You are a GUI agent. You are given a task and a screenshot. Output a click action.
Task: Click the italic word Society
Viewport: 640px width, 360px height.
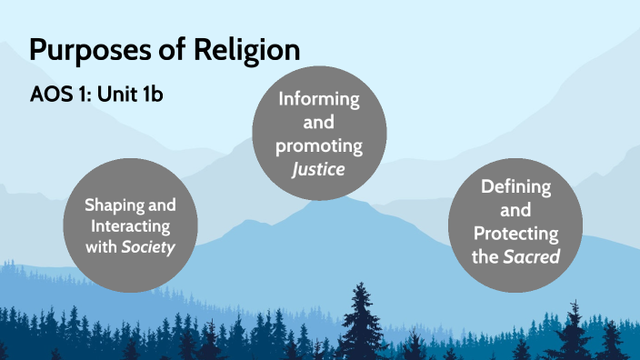tap(149, 245)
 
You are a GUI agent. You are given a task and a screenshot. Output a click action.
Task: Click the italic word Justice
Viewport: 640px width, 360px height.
tap(318, 167)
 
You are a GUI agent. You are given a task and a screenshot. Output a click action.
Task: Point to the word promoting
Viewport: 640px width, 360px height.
tap(318, 145)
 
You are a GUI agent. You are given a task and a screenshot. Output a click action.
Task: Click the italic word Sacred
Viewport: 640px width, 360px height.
tap(530, 257)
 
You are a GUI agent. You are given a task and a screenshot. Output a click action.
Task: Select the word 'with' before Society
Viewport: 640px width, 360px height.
tap(101, 245)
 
